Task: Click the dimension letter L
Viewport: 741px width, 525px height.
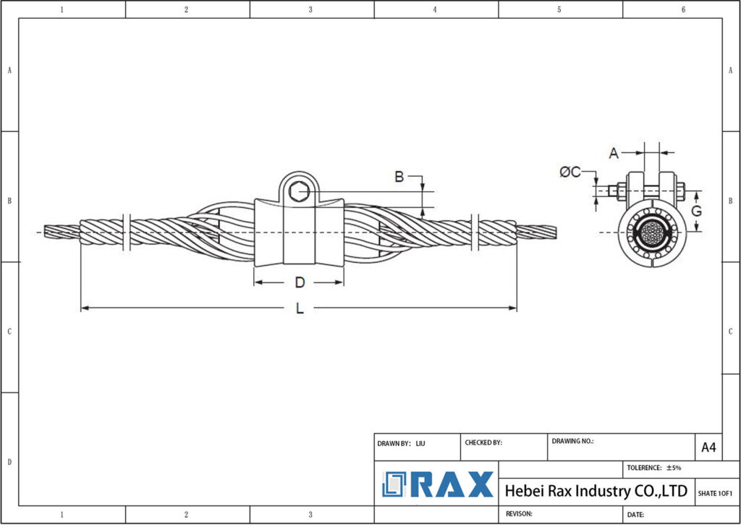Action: tap(300, 308)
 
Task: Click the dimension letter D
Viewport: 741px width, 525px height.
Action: tap(299, 282)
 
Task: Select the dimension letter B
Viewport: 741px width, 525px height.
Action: tap(398, 176)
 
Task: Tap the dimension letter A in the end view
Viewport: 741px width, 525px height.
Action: tap(614, 153)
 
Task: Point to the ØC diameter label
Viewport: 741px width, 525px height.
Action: tap(569, 172)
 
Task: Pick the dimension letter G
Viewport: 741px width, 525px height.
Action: tap(696, 211)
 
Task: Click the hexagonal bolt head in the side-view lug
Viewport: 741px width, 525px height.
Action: tap(298, 192)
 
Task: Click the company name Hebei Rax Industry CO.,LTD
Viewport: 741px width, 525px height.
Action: tap(595, 491)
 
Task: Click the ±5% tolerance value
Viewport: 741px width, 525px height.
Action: tap(674, 468)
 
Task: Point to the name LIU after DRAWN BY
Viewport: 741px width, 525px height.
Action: tap(420, 443)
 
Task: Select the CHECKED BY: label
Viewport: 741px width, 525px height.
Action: tap(483, 442)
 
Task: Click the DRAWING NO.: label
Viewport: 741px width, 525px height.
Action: tap(572, 440)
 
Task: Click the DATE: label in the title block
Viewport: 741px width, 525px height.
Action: tap(636, 514)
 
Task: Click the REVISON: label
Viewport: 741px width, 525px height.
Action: tap(519, 513)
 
